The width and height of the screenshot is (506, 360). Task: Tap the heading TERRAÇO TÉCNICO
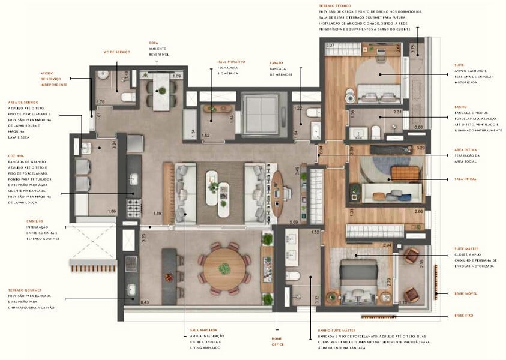(x=335, y=5)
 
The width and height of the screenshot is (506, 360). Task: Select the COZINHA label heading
(x=16, y=155)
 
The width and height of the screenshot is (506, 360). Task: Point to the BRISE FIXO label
(x=464, y=316)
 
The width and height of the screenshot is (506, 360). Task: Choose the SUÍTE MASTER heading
(x=468, y=248)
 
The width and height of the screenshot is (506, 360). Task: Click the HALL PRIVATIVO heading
(x=231, y=61)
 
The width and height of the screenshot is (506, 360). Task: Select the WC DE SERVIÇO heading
(x=117, y=52)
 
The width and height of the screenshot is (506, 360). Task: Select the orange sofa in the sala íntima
(x=407, y=175)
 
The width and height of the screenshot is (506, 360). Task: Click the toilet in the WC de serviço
(x=128, y=97)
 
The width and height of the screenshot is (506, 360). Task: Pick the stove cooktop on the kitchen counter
(x=133, y=208)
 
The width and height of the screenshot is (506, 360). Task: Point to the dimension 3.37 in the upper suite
(x=330, y=46)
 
